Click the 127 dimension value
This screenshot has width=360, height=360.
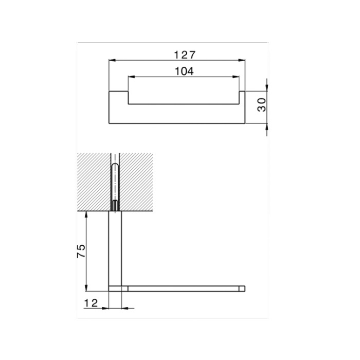(185, 55)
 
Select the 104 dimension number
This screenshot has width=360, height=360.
(184, 71)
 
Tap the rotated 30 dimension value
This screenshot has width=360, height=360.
(261, 105)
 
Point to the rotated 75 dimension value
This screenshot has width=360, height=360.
(81, 251)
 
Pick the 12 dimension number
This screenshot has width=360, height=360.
(91, 303)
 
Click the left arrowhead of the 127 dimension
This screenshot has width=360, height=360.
(112, 60)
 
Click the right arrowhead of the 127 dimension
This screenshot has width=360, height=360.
(242, 60)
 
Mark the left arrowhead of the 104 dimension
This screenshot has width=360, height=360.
(131, 77)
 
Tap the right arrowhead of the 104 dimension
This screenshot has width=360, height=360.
(236, 77)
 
